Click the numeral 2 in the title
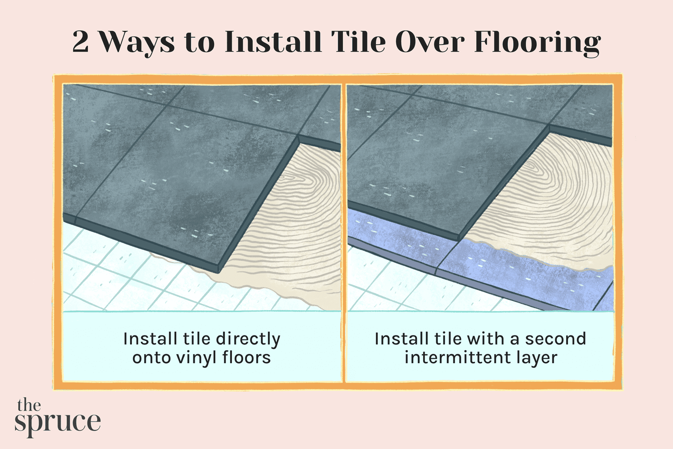pos(80,43)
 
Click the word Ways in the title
pos(136,43)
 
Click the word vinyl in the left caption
pos(197,358)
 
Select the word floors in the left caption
pos(247,358)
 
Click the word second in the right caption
pos(555,339)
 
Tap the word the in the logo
pos(29,405)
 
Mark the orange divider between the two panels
pos(344,233)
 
